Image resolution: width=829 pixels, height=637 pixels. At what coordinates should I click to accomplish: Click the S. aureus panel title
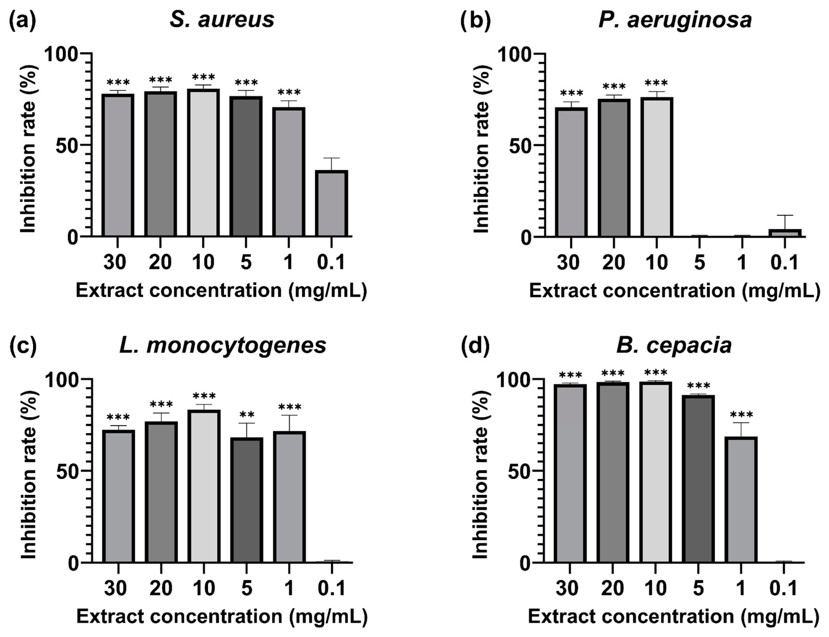pos(222,20)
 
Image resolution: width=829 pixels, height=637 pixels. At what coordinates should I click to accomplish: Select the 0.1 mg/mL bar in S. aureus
pos(332,203)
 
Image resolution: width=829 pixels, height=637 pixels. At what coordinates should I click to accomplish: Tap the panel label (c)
pos(23,345)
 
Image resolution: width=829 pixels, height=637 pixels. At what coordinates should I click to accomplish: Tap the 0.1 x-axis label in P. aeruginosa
pos(784,262)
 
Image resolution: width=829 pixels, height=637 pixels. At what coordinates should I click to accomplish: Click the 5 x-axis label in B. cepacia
pos(698,588)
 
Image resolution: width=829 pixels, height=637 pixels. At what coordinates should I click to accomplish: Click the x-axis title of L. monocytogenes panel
pos(222,617)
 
